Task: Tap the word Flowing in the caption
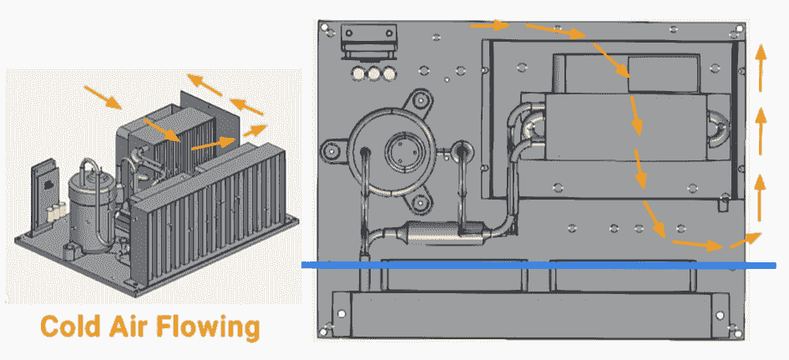click(x=209, y=327)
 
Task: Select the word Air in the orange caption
click(x=129, y=327)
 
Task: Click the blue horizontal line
click(x=539, y=265)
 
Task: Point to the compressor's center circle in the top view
click(x=402, y=150)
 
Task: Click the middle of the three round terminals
click(x=374, y=74)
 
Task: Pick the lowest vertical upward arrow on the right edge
click(x=759, y=197)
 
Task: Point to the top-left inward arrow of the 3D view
click(x=104, y=98)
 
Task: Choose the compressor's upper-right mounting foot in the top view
click(x=419, y=101)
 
